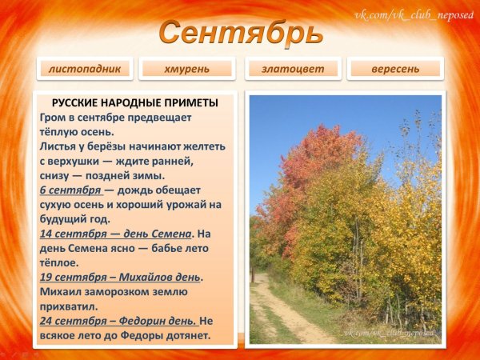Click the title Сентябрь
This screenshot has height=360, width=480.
(x=240, y=33)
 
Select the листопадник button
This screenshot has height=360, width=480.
(x=84, y=69)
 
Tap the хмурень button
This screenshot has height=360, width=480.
(x=186, y=69)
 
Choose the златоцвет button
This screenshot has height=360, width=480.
(x=293, y=69)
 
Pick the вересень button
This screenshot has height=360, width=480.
(x=395, y=69)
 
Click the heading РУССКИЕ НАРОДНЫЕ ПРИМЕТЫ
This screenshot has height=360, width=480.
(x=134, y=103)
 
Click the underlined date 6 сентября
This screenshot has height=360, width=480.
(x=70, y=190)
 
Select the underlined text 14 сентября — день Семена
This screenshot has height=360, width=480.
(x=115, y=234)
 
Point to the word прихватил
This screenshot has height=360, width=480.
(x=69, y=306)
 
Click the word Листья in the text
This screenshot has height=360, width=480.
(x=59, y=146)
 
